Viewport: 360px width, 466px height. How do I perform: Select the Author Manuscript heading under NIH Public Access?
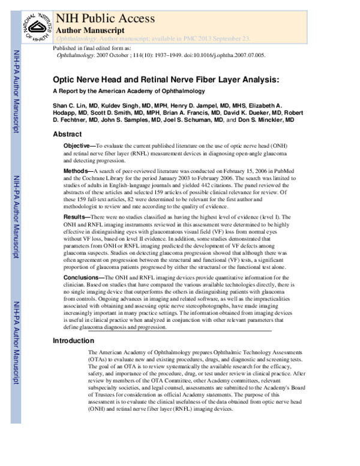coord(90,29)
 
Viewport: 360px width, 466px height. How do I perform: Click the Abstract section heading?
coord(67,135)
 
